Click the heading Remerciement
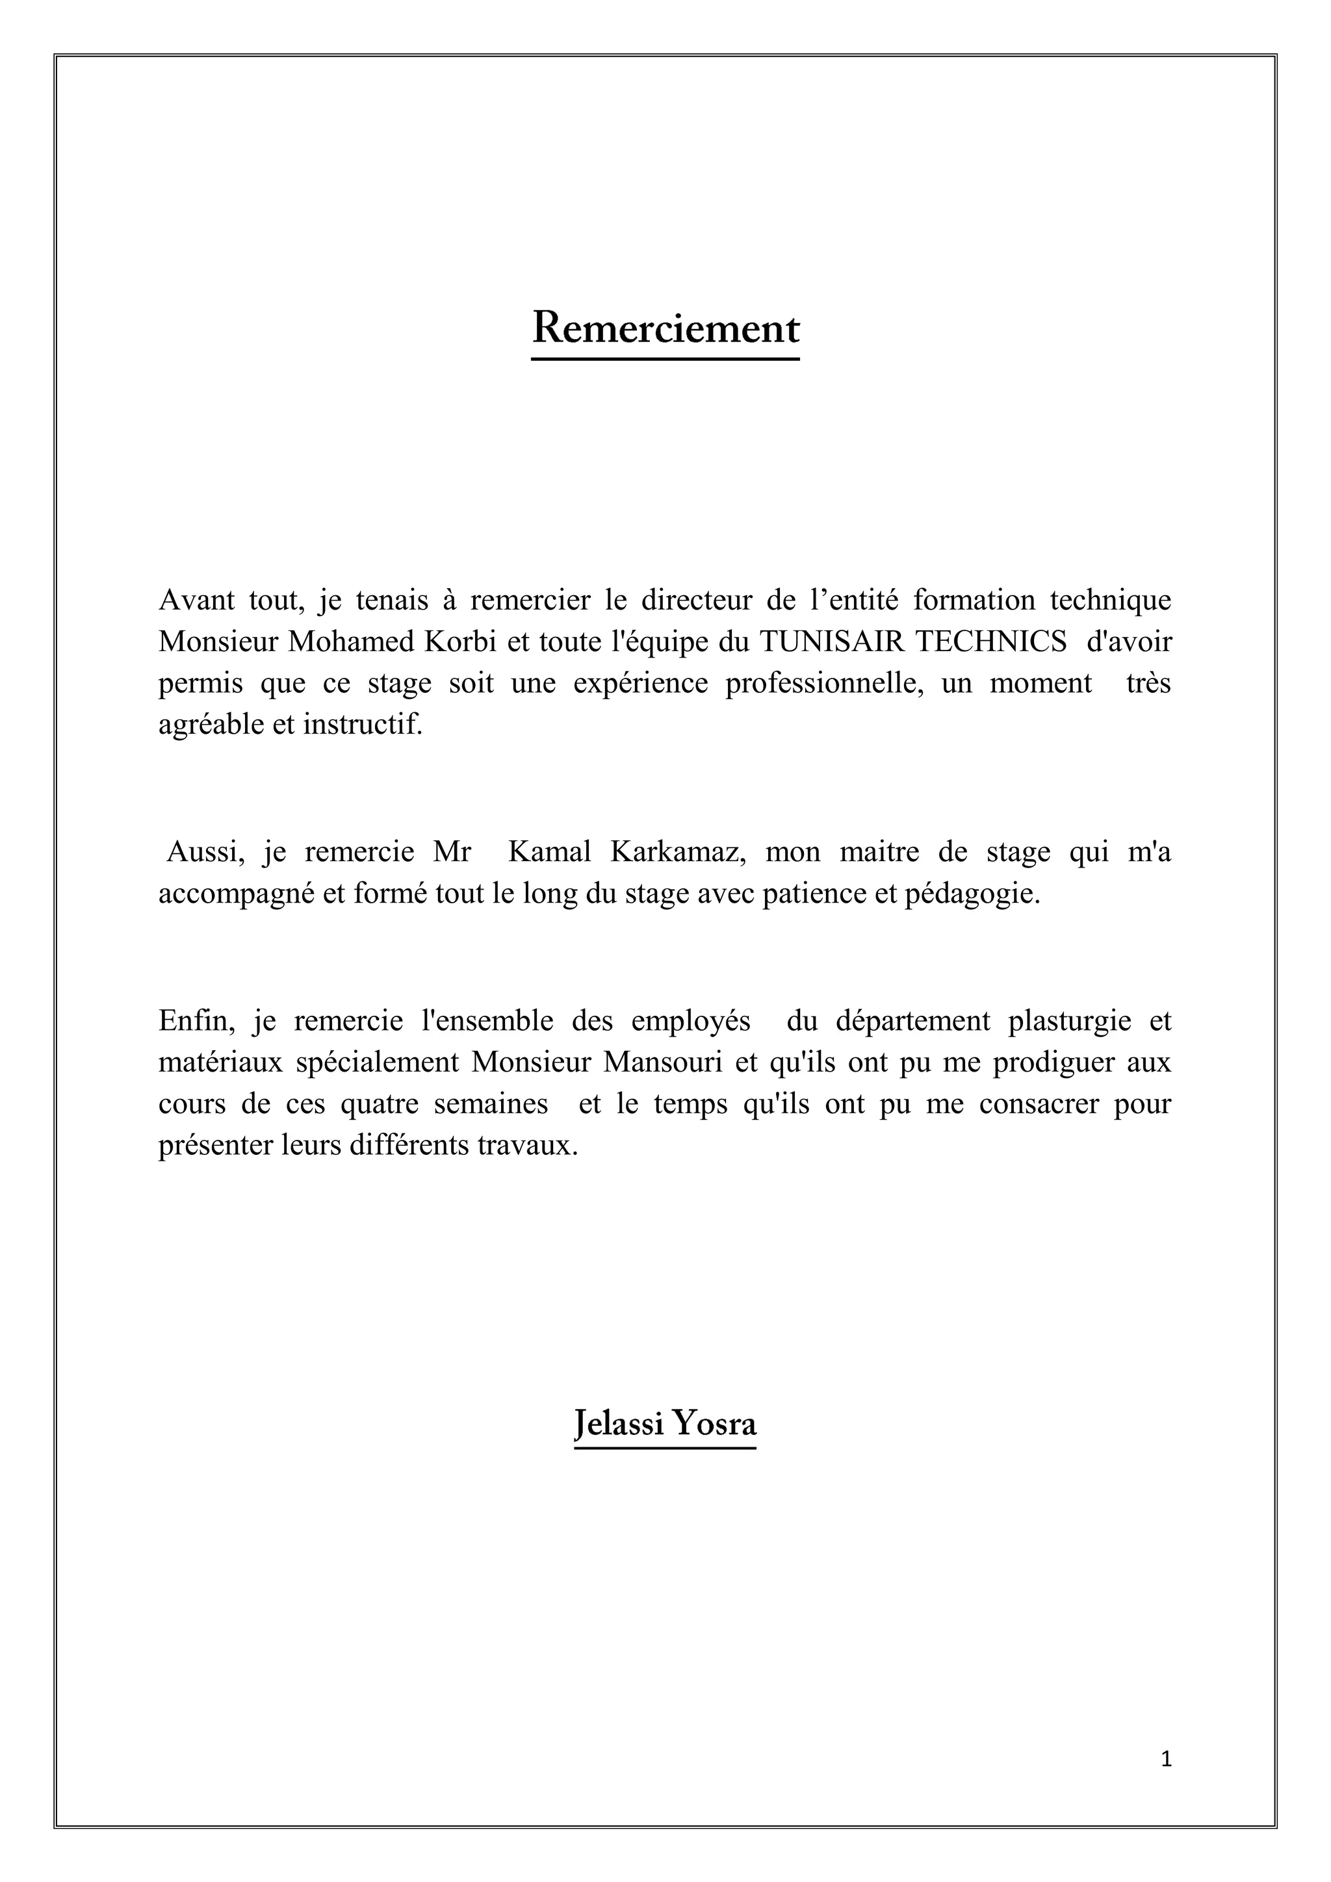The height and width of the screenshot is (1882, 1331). pyautogui.click(x=665, y=329)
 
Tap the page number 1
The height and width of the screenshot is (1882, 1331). pyautogui.click(x=1167, y=1759)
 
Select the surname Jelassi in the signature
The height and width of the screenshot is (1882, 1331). pyautogui.click(x=619, y=1424)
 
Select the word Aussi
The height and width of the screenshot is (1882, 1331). pyautogui.click(x=206, y=853)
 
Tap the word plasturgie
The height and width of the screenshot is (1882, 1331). pyautogui.click(x=1070, y=1022)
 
